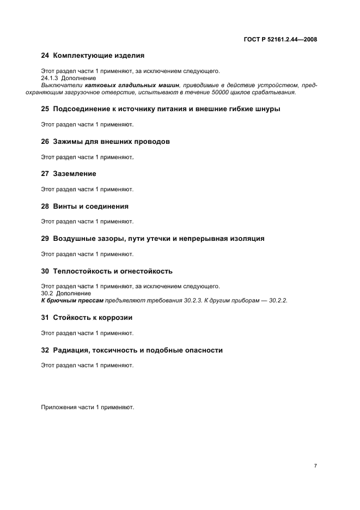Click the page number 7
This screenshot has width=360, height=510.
click(315, 466)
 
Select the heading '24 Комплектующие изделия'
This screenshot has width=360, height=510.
click(93, 55)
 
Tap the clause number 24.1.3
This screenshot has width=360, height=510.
click(51, 78)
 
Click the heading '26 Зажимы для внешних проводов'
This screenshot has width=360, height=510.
click(105, 142)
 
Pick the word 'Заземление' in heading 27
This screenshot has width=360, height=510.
click(75, 174)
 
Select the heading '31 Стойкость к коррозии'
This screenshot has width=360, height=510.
click(87, 318)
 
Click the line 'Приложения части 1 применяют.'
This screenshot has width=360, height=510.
click(87, 407)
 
